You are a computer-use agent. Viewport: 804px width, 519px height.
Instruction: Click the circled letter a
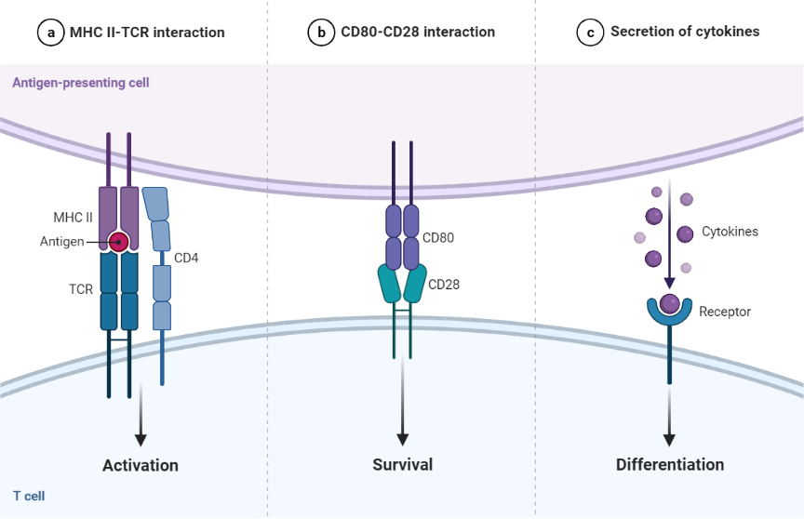pos(49,33)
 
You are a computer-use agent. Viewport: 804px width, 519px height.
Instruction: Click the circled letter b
pos(320,33)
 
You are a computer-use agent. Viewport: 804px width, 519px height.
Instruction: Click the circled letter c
pos(589,33)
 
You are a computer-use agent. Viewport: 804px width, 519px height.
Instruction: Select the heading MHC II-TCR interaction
pos(147,33)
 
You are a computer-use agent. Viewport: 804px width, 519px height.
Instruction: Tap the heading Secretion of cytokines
pos(684,32)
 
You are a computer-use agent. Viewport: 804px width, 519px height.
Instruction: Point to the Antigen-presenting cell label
pos(81,83)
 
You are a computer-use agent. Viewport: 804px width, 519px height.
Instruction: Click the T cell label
pos(29,496)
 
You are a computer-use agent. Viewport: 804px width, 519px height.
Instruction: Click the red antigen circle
pos(119,242)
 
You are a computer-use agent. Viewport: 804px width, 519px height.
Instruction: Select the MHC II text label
pos(72,219)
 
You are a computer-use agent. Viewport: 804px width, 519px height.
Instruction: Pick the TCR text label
pos(80,289)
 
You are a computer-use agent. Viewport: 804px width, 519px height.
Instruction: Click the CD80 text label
pos(438,237)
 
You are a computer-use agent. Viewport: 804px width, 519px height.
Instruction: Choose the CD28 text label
pos(444,284)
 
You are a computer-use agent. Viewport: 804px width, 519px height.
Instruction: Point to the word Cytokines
pos(730,232)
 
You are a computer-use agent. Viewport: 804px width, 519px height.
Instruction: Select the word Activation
pos(141,464)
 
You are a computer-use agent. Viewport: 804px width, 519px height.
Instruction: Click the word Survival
pos(402,464)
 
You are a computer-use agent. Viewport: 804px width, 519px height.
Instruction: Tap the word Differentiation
pos(669,464)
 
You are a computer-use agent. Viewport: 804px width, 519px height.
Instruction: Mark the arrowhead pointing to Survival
pos(403,437)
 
